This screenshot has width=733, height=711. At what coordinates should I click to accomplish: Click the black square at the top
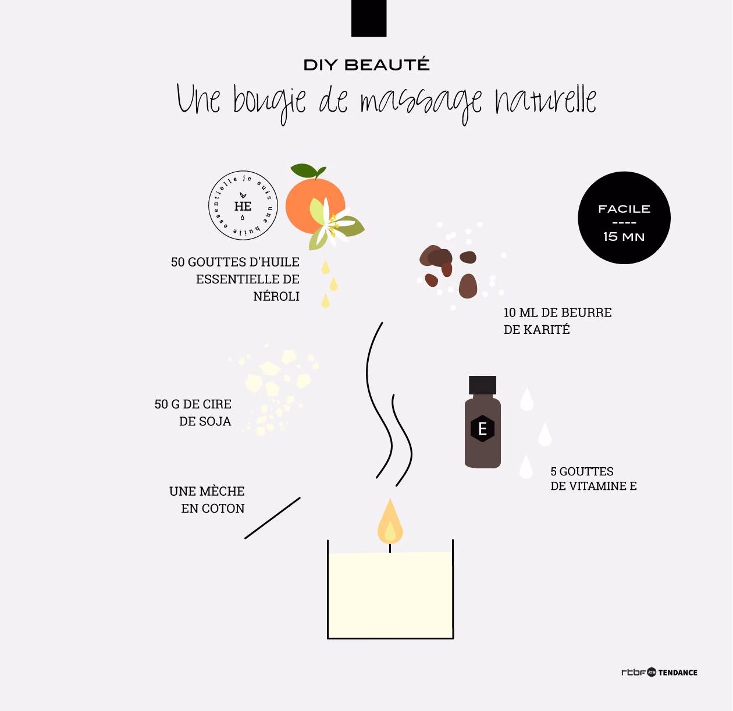point(369,18)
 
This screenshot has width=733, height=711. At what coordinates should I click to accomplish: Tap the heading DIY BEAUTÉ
point(366,65)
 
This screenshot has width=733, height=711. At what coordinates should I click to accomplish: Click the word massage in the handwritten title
point(421,101)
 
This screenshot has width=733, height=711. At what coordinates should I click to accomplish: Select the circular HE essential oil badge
point(243,206)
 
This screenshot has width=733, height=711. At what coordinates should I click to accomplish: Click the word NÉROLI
point(276,296)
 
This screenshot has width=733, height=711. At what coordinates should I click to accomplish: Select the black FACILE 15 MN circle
point(624,218)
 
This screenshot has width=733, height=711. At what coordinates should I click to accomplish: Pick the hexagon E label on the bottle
point(482,429)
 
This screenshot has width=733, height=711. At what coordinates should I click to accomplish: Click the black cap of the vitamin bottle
point(482,385)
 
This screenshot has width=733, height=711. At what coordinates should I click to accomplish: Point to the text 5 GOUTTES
point(582,471)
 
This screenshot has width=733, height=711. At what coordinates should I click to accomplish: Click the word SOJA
point(205,421)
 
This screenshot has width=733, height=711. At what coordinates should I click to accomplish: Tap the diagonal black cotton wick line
point(272,518)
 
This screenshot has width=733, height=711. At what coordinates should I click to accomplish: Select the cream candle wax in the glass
point(390,593)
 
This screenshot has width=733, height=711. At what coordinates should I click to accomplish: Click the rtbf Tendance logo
point(659,672)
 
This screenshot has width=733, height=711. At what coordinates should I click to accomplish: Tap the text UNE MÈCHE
point(207,491)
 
